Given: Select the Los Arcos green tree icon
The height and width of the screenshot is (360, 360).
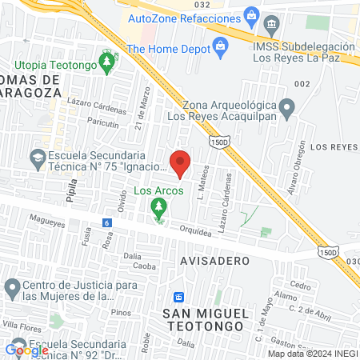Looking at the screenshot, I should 158,208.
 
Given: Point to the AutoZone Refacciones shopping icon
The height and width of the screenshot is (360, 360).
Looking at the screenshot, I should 251,14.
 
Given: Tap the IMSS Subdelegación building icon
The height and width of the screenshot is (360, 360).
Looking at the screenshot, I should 272,24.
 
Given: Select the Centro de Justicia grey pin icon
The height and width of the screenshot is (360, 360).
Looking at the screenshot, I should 11,286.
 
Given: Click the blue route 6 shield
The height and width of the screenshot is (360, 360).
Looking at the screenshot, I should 106,223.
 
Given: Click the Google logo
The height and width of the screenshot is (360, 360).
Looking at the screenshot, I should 27,350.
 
